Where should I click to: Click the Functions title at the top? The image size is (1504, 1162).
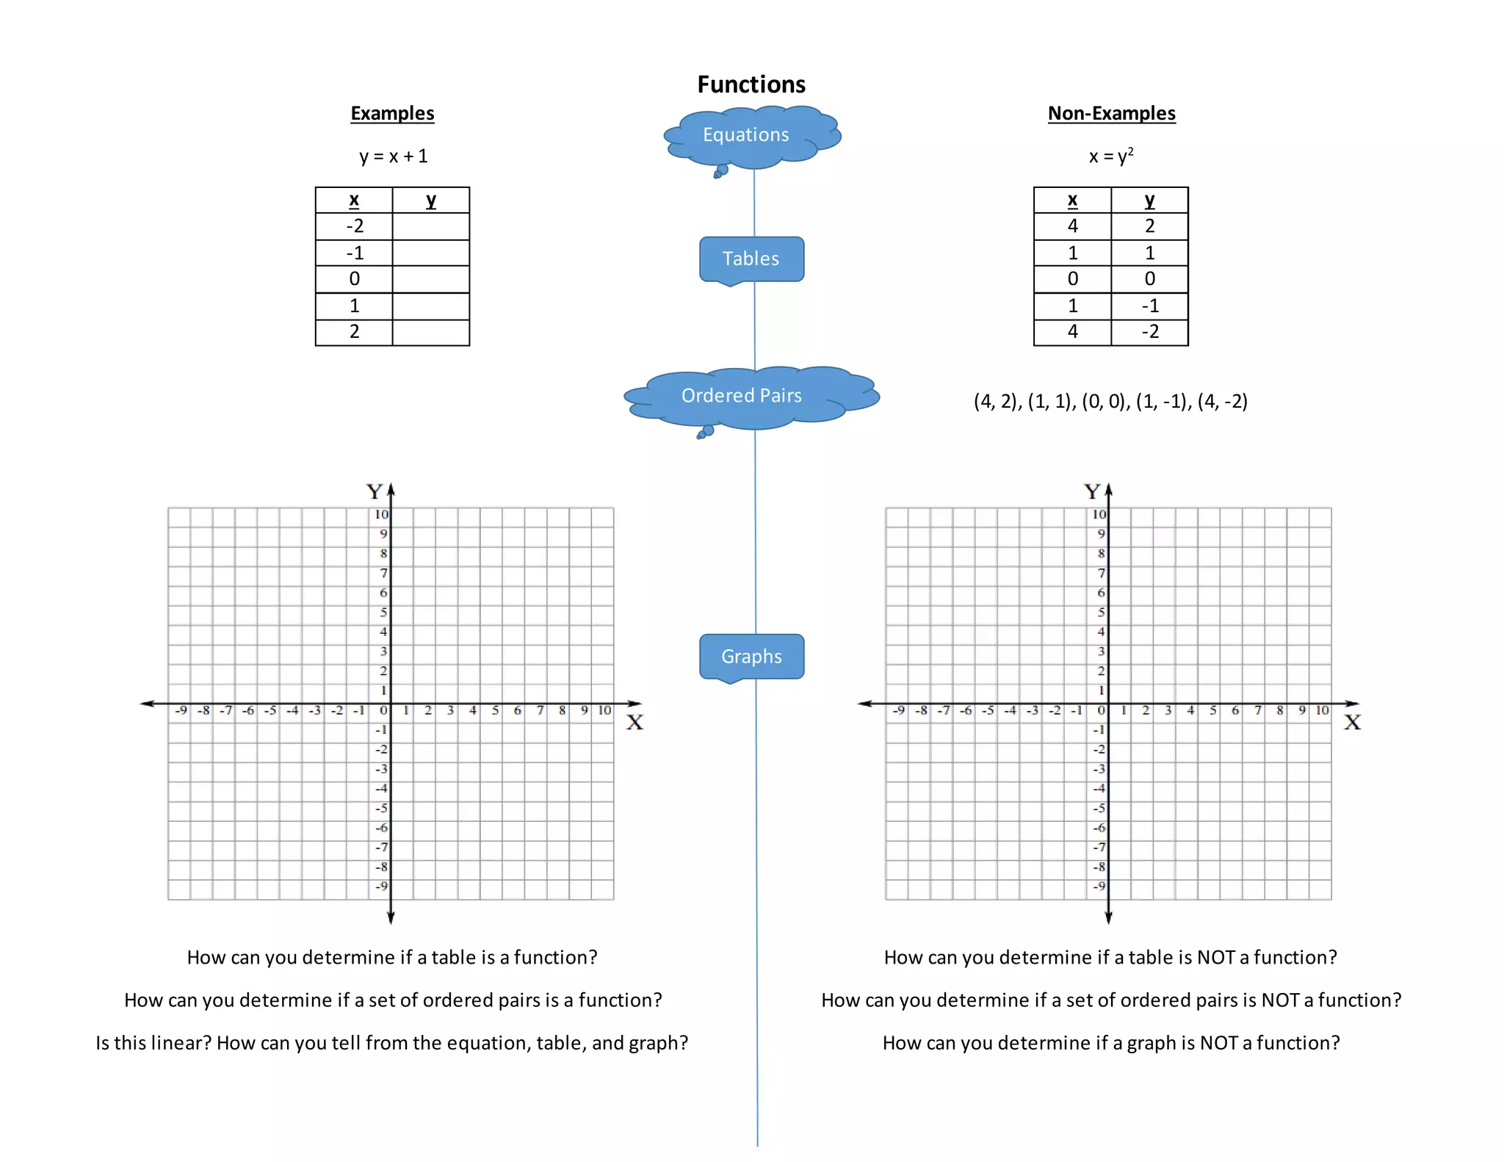pos(751,84)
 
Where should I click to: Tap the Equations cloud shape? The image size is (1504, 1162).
pos(746,135)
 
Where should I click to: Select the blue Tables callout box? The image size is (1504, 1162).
pos(751,259)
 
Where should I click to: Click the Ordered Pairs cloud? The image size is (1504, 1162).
pos(742,396)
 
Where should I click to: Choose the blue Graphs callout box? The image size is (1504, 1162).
pos(751,656)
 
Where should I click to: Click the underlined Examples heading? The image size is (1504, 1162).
pos(392,113)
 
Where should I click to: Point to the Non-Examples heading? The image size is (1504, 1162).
pos(1111,113)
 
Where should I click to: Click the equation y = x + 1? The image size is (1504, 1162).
pos(393,156)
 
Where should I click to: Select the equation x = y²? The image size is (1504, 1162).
pos(1111,156)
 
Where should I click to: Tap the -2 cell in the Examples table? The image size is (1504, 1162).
pos(355,226)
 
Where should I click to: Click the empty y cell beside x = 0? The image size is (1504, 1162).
pos(431,279)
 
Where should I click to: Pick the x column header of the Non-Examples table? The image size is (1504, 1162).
pos(1072,200)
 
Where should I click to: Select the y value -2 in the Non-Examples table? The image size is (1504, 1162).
pos(1150,332)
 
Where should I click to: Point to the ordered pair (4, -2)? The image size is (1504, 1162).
pos(1222,402)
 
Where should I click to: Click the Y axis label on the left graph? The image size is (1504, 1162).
pos(375,491)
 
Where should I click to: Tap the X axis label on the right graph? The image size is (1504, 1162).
pos(1352,723)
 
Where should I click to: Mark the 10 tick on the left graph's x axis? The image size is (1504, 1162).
pos(604,710)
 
